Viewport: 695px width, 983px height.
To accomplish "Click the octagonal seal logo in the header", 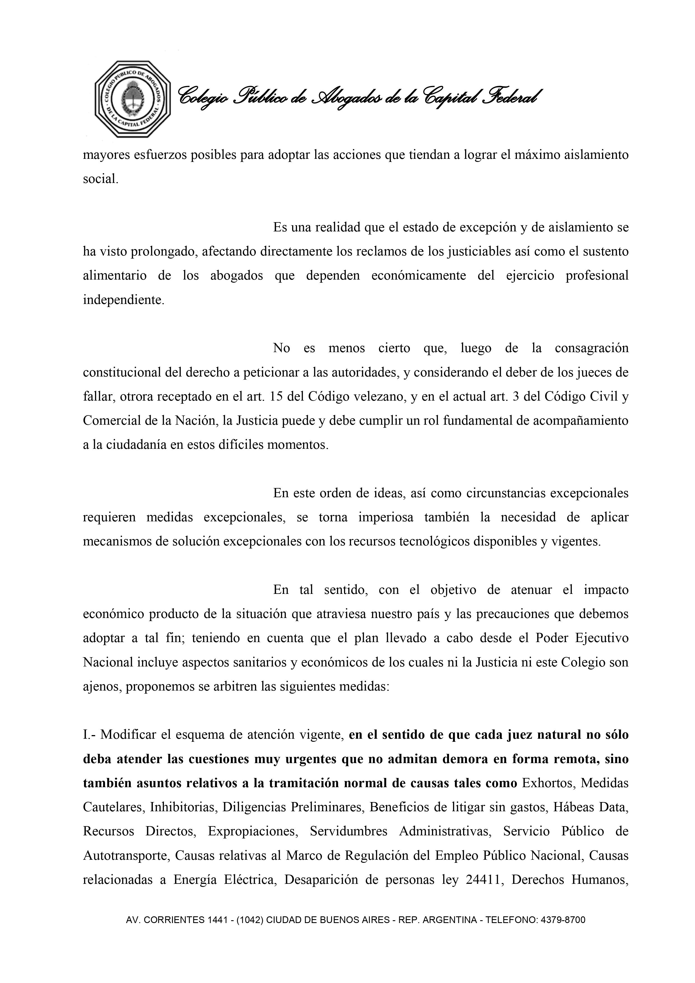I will click(x=133, y=99).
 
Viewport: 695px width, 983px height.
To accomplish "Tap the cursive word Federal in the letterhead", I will click(x=513, y=97).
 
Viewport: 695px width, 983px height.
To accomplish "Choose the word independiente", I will click(x=123, y=300).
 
